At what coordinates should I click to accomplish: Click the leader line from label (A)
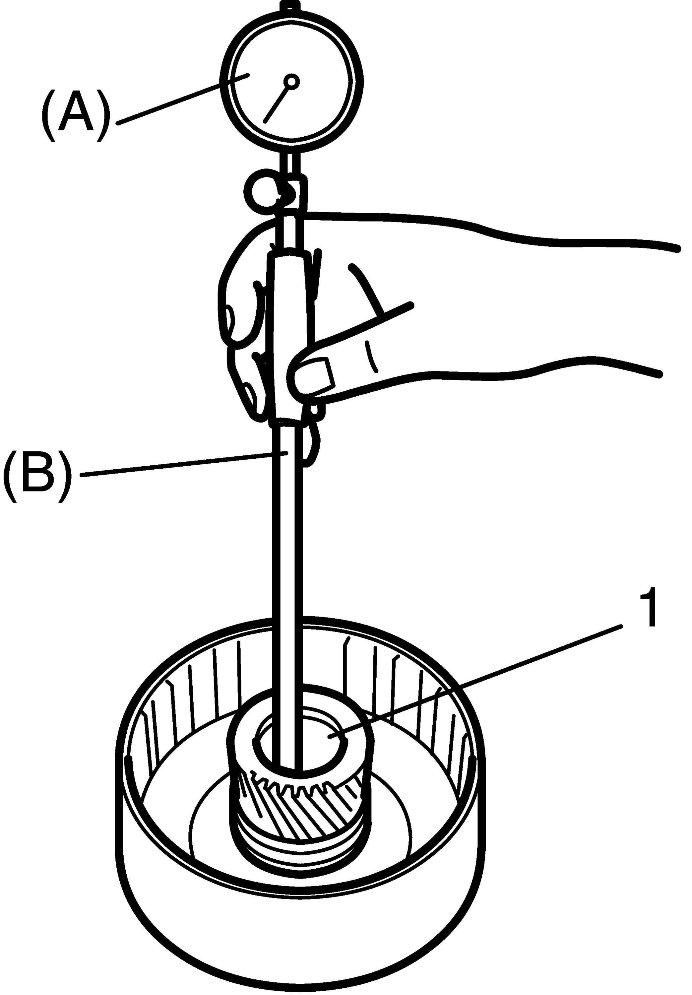pos(182,100)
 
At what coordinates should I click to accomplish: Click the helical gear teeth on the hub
pos(303,802)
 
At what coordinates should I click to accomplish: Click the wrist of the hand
pos(563,303)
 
